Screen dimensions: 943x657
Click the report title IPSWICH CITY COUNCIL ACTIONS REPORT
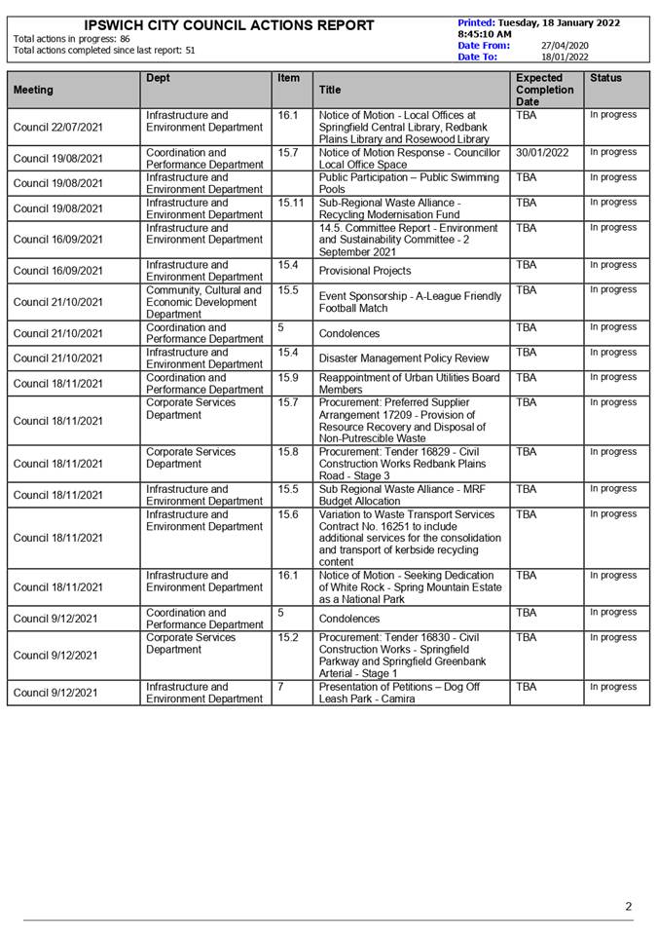(229, 25)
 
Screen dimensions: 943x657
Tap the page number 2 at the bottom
(629, 907)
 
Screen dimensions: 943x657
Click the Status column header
(605, 78)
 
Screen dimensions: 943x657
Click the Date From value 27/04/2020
(565, 45)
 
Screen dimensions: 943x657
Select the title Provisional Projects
(365, 271)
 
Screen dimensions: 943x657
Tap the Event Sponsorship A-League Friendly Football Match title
(410, 302)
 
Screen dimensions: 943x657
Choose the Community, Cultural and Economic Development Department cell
(204, 302)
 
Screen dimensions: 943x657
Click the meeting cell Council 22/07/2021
(58, 127)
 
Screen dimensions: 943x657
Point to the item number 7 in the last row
(280, 687)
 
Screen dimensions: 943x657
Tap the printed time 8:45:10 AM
(485, 34)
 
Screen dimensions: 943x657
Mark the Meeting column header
(33, 90)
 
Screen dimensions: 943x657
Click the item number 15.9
(288, 378)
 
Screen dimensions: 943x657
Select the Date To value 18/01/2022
(565, 57)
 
